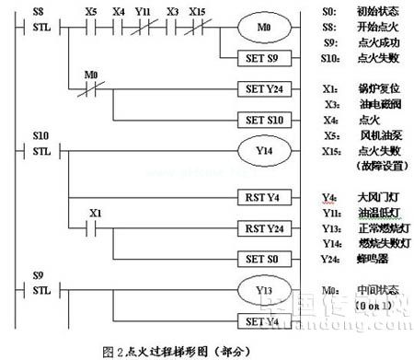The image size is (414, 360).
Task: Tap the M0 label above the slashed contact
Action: [90, 74]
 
